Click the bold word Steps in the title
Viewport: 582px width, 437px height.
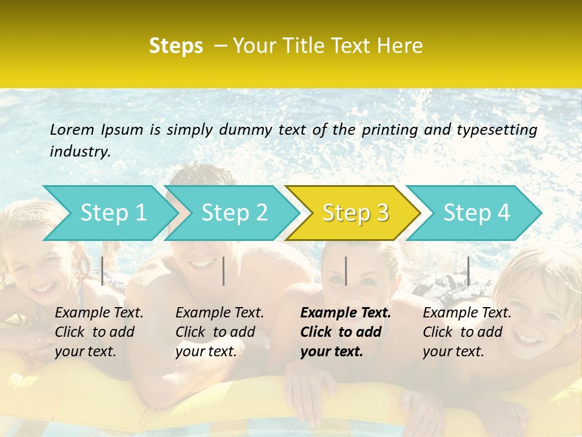(176, 46)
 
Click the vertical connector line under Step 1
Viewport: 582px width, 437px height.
(102, 271)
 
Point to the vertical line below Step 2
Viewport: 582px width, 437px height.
(224, 271)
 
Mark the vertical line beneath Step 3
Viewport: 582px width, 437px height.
(346, 271)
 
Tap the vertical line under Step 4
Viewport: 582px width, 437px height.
(468, 271)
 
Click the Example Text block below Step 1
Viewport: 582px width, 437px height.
(99, 332)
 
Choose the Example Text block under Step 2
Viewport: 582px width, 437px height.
(219, 332)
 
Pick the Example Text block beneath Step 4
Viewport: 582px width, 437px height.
(467, 332)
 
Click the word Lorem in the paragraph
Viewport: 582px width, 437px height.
(72, 129)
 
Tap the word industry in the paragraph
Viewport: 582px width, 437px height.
(80, 152)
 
